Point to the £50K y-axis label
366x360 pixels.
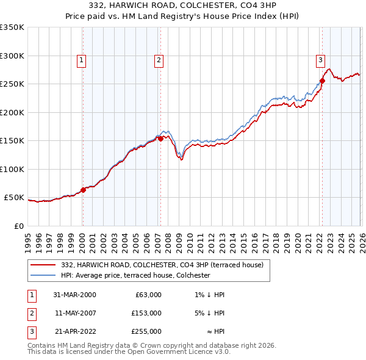click(x=14, y=198)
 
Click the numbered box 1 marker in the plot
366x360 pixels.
click(x=81, y=60)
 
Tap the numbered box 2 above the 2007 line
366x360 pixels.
click(x=159, y=60)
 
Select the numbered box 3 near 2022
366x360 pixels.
click(x=320, y=60)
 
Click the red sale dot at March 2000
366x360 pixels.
click(x=84, y=190)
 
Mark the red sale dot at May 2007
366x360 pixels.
click(x=160, y=139)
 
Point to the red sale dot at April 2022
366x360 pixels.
click(x=322, y=81)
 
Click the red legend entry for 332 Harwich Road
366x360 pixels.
click(x=162, y=265)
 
